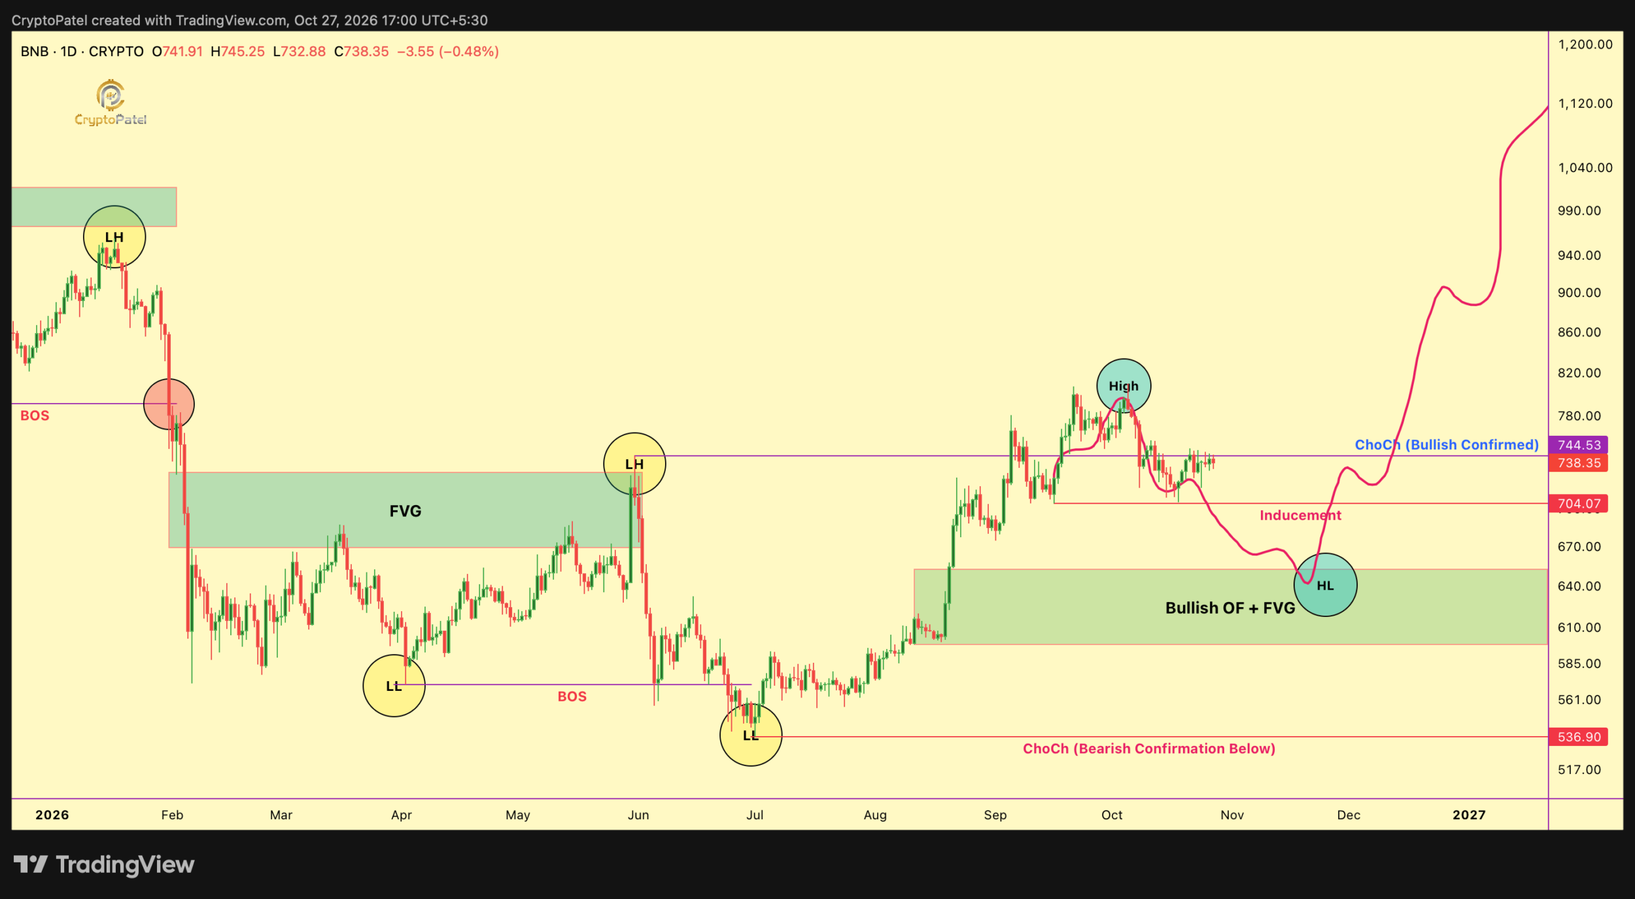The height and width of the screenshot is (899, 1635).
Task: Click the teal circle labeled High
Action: tap(1124, 386)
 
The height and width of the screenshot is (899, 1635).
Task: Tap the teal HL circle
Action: tap(1325, 585)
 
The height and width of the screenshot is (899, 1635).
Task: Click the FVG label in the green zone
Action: tap(405, 511)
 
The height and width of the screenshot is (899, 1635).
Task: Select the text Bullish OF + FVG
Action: tap(1230, 608)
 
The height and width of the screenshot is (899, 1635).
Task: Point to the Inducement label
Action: tap(1300, 516)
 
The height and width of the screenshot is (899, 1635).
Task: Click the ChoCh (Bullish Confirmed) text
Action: tap(1447, 445)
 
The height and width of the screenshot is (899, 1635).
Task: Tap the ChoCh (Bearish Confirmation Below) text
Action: tap(1149, 749)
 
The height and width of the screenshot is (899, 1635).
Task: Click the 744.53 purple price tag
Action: tap(1579, 445)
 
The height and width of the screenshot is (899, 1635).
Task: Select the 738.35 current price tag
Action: tap(1579, 463)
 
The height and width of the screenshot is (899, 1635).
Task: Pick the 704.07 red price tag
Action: tap(1579, 504)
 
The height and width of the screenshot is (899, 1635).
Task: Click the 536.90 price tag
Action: tap(1579, 737)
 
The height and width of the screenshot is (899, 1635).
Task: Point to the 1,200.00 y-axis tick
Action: tap(1585, 44)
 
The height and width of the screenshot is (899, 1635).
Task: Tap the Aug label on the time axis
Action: tap(875, 815)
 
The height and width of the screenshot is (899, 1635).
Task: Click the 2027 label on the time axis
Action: tap(1469, 815)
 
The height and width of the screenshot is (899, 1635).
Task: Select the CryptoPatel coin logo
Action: tap(111, 96)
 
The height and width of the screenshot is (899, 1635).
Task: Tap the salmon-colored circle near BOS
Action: tap(169, 404)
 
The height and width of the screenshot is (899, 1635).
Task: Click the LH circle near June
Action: tap(634, 464)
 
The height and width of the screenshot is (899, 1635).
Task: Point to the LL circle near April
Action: tap(394, 686)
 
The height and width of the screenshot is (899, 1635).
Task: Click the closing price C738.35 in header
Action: tap(362, 52)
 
